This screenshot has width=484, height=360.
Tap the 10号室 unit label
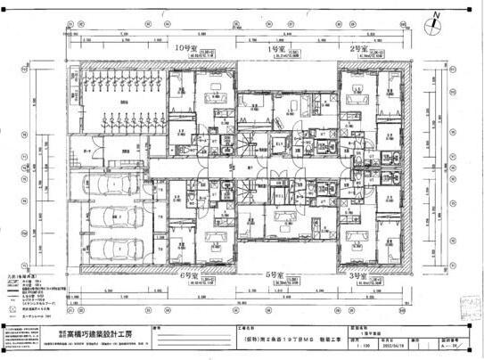point(185,48)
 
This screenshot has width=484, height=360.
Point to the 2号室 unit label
point(358,48)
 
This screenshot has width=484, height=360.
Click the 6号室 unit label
point(188,278)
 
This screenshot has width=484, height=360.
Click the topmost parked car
point(113,184)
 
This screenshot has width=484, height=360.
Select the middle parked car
point(113,217)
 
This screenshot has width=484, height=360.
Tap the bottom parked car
point(113,246)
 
